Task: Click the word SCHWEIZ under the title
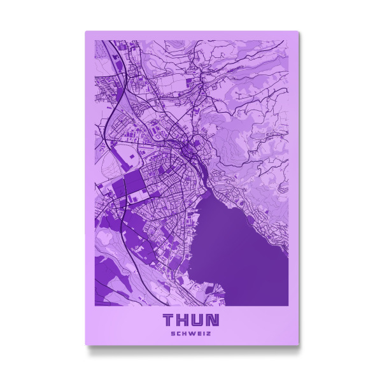pos(192,332)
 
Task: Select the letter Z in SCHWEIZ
pos(209,332)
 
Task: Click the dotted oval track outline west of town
pos(124,156)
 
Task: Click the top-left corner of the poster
pos(86,32)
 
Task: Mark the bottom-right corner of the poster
pos(298,344)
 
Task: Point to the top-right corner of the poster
pos(298,32)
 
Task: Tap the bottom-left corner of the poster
pos(86,344)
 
